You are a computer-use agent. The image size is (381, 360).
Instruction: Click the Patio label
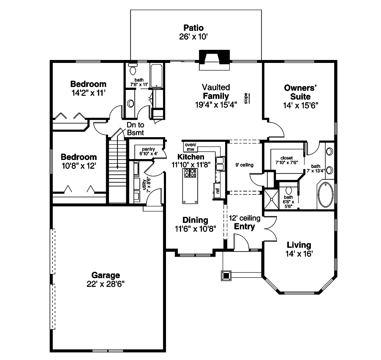click(x=193, y=28)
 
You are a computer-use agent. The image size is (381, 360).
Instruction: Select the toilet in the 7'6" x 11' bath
click(x=133, y=69)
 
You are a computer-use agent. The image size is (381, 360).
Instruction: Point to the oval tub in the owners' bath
click(x=326, y=195)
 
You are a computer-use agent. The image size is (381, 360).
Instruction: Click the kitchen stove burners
click(x=190, y=173)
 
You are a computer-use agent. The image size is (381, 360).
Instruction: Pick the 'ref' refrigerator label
click(x=218, y=190)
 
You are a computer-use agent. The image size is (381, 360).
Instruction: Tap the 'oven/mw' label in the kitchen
click(x=190, y=147)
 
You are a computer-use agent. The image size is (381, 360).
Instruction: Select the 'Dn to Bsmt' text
click(x=135, y=129)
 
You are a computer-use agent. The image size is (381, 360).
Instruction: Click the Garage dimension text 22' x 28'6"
click(x=106, y=284)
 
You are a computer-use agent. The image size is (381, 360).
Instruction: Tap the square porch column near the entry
click(x=226, y=276)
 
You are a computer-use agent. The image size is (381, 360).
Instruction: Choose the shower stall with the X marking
click(x=272, y=199)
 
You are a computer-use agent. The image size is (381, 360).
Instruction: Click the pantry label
click(x=148, y=149)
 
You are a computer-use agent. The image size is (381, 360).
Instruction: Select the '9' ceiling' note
click(x=244, y=165)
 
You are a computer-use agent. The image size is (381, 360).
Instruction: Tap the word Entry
click(x=244, y=227)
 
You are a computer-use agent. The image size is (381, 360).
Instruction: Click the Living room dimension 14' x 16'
click(x=299, y=254)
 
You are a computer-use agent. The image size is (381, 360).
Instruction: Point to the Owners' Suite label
click(x=300, y=92)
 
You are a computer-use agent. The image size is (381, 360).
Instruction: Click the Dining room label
click(x=195, y=220)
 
